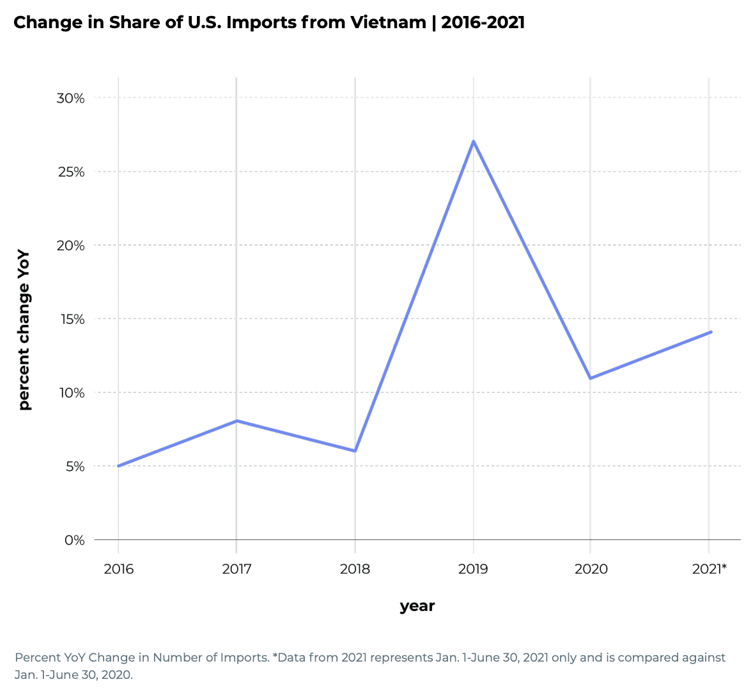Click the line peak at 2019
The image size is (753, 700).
pos(473,141)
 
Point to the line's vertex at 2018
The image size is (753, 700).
pos(355,450)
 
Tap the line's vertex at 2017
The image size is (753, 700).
pos(237,421)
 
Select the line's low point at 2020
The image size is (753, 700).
pos(590,378)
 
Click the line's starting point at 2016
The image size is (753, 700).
pos(118,466)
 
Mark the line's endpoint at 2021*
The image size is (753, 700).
pos(710,332)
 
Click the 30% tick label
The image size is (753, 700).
pos(70,98)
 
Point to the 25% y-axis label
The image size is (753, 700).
pos(70,171)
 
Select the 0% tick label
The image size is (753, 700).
pos(74,540)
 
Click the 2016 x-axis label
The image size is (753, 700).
pos(118,569)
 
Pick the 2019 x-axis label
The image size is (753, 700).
pos(473,569)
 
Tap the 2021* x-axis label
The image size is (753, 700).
pos(710,569)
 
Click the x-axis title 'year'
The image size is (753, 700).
pos(417,606)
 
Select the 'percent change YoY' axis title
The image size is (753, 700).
pos(24,330)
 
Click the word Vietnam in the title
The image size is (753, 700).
pos(388,22)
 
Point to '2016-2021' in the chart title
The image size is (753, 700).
pos(483,22)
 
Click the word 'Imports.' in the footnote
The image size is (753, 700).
pos(244,657)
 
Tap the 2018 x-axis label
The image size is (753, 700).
pos(355,569)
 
